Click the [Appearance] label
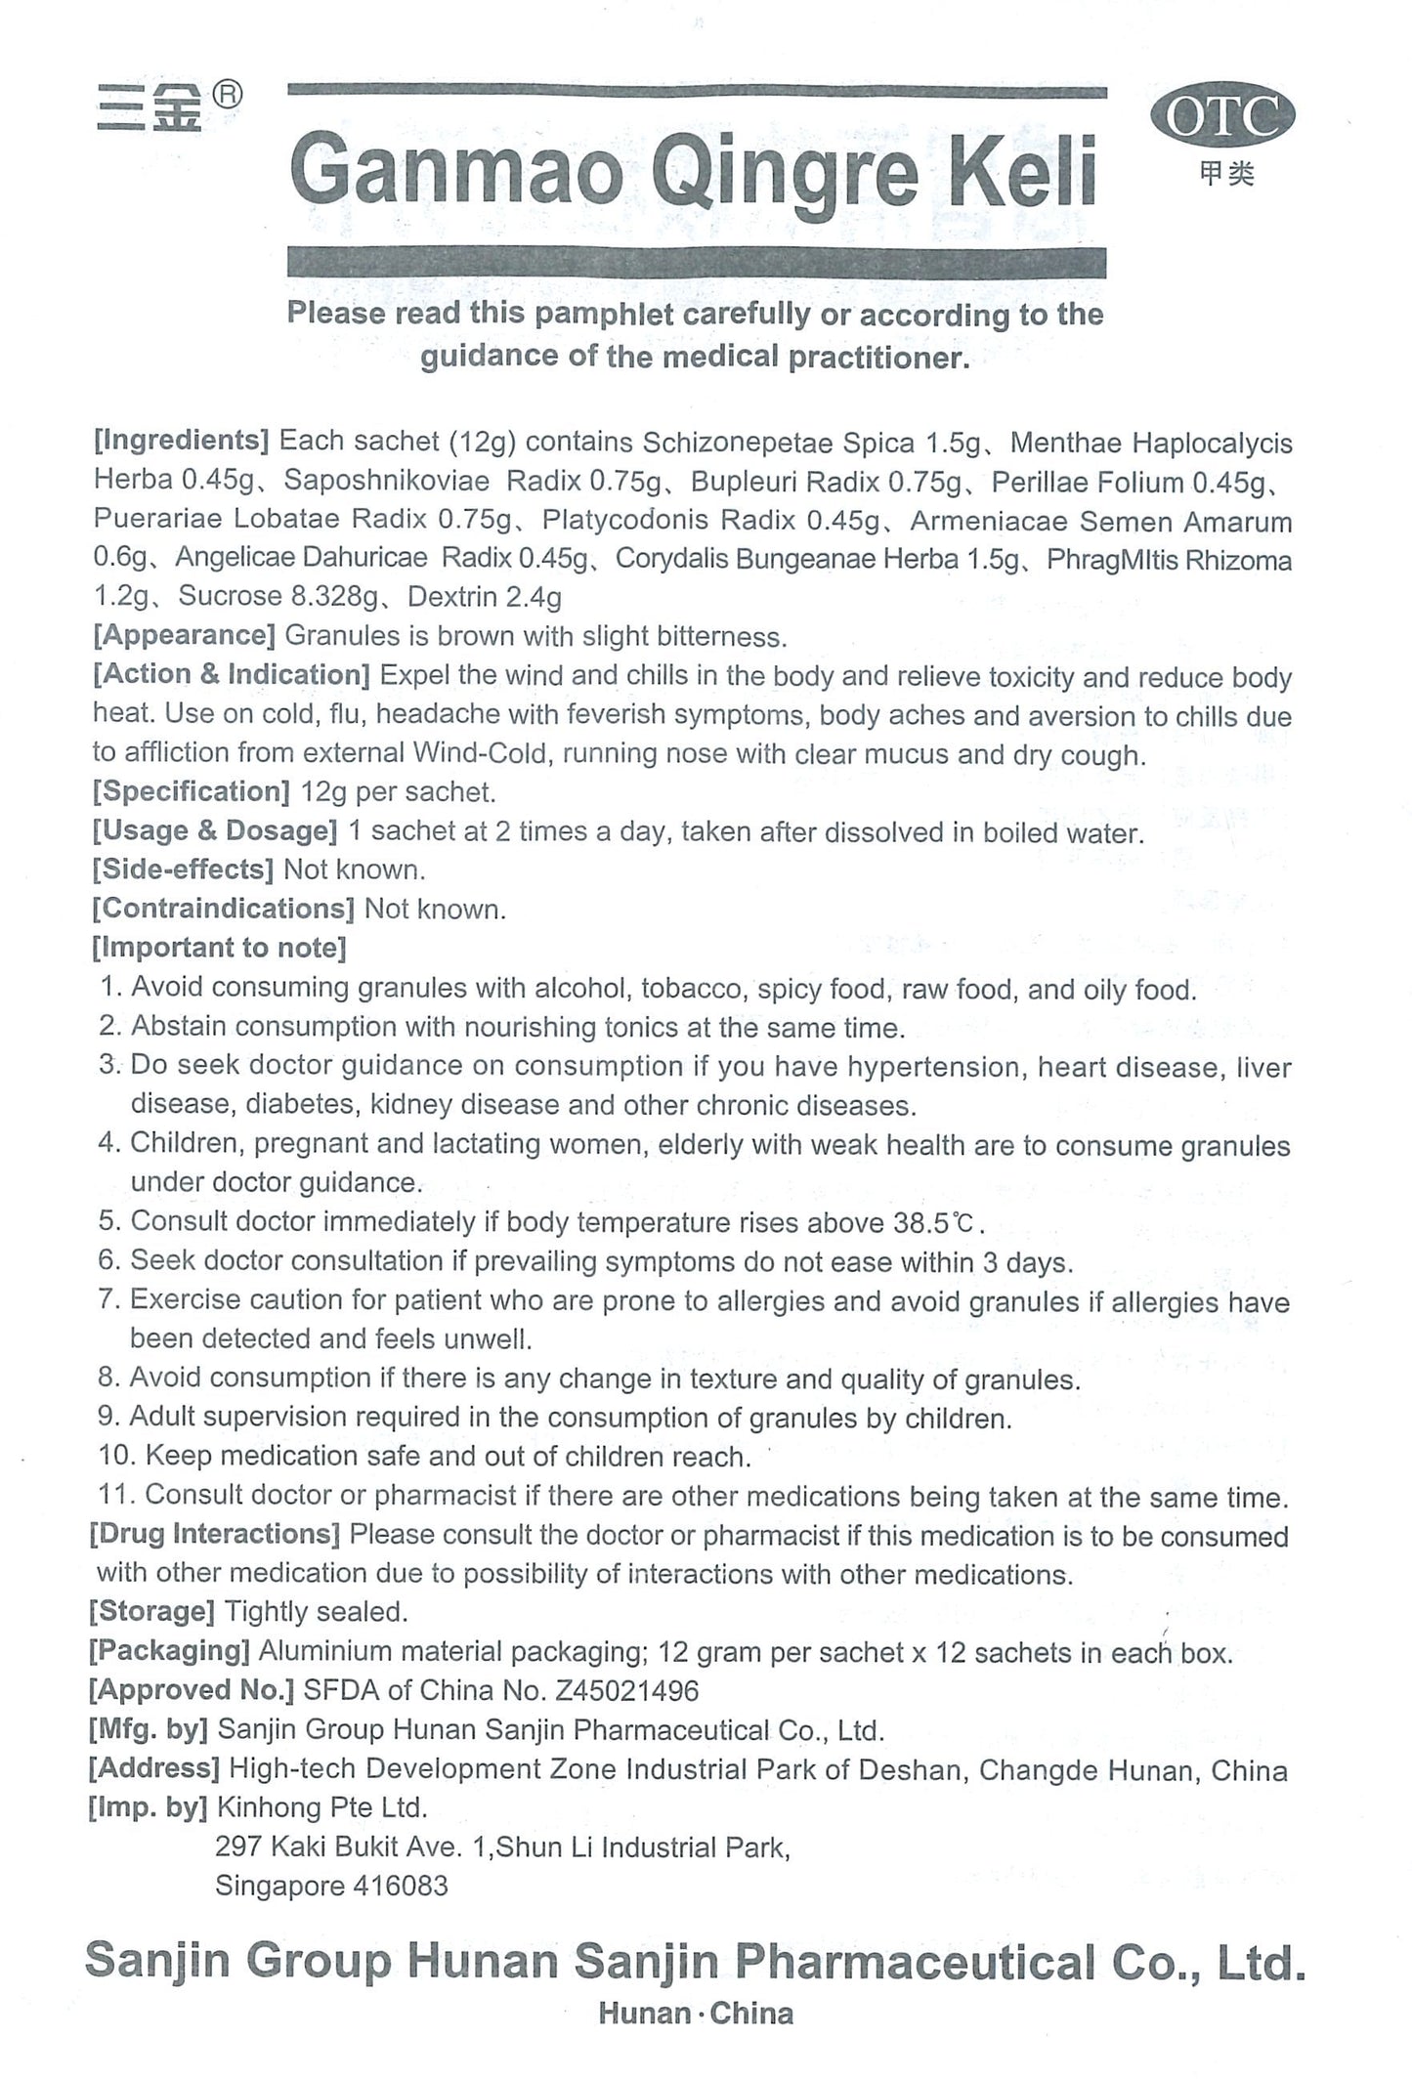(184, 636)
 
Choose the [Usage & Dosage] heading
(215, 831)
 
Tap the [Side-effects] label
(182, 870)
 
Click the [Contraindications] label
(223, 910)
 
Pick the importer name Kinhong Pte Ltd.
(321, 1807)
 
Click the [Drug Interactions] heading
(214, 1534)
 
